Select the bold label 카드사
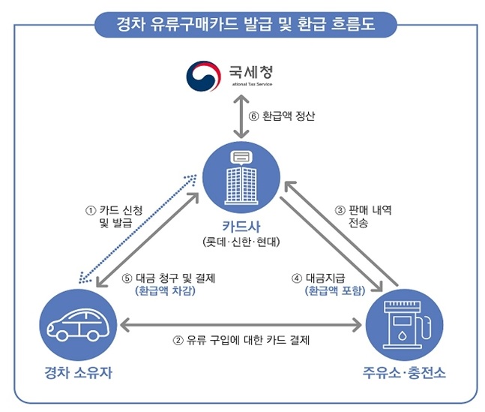click(241, 225)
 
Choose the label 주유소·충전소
click(404, 372)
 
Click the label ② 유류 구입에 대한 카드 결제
click(241, 339)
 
